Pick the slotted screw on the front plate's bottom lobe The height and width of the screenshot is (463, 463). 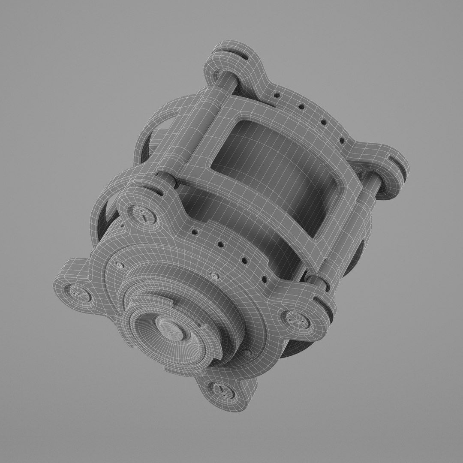[221, 389]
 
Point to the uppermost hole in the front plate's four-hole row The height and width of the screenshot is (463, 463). [195, 232]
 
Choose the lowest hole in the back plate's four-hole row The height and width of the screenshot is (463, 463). [342, 140]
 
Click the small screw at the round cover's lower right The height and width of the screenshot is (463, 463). [247, 352]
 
